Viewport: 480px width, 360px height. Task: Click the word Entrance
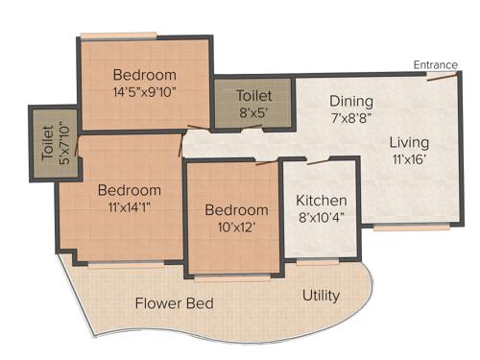click(x=435, y=64)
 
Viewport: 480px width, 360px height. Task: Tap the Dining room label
click(x=350, y=100)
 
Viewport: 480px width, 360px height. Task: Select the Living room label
click(x=409, y=143)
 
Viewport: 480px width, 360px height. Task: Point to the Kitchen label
click(x=321, y=201)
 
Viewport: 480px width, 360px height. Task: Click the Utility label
click(x=321, y=295)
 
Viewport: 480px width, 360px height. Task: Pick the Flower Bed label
click(x=174, y=303)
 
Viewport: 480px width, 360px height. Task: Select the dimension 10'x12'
click(x=236, y=228)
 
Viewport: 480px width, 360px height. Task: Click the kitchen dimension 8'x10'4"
click(x=321, y=218)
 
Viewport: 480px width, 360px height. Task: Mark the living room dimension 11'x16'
click(x=409, y=160)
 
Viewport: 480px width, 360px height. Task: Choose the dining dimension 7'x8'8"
click(x=350, y=117)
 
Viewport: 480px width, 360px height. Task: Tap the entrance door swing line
click(x=441, y=76)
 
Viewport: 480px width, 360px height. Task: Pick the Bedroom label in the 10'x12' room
click(x=236, y=210)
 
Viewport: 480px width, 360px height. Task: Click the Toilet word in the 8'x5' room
click(x=253, y=96)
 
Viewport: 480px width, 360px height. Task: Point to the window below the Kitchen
click(x=317, y=261)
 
